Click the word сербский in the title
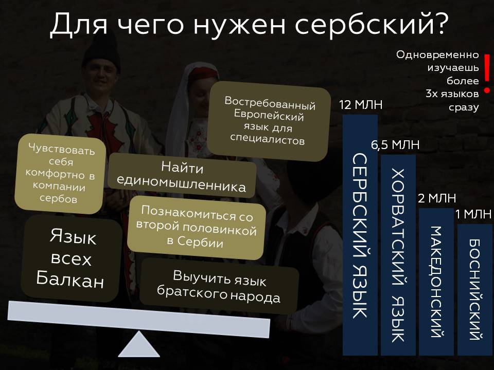[x=360, y=24]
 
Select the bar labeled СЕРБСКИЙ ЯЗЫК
[x=360, y=234]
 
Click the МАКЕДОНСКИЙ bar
[x=436, y=282]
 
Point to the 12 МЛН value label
[x=361, y=105]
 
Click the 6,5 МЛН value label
[x=395, y=145]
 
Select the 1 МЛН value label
[x=474, y=214]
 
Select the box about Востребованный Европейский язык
[x=269, y=119]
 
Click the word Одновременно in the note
[x=437, y=55]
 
